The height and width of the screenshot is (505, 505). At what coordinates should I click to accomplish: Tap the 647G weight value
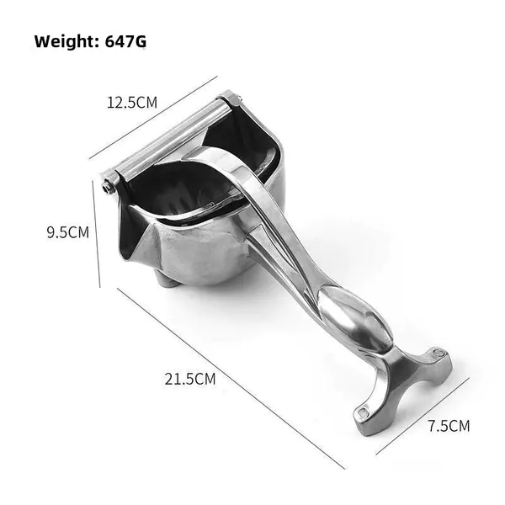click(x=125, y=41)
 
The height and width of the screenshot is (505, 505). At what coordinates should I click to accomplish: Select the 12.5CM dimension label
click(x=132, y=103)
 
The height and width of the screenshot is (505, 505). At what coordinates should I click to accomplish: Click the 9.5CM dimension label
click(x=68, y=232)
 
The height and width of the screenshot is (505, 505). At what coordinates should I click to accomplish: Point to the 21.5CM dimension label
click(x=190, y=379)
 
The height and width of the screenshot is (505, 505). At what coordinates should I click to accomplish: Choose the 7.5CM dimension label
click(x=449, y=426)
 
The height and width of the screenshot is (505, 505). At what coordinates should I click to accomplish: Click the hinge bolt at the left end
click(x=108, y=188)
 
